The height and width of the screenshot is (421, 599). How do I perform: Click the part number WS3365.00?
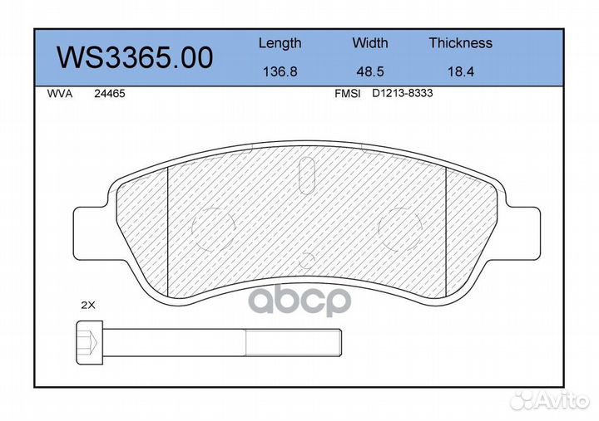click(135, 57)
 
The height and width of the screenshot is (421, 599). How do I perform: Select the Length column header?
click(280, 43)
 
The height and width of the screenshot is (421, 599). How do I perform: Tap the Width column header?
click(369, 42)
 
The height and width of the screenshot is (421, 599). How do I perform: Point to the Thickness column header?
click(460, 42)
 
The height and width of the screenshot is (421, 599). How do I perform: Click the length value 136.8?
click(280, 71)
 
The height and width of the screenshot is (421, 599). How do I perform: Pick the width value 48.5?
click(369, 71)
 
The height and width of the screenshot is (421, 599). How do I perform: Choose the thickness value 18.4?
click(461, 71)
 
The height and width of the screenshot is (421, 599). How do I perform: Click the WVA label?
click(60, 94)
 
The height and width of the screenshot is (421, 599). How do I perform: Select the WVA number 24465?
click(110, 94)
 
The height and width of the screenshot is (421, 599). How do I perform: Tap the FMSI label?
click(347, 94)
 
